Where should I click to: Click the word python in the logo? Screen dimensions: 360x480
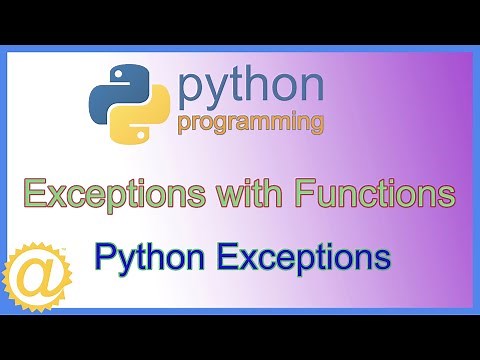(x=250, y=91)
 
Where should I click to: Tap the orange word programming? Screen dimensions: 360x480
(x=250, y=124)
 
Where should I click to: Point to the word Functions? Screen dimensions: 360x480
(x=365, y=191)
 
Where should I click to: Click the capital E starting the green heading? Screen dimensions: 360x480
(x=35, y=191)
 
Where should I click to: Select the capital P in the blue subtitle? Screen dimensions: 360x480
(x=102, y=257)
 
